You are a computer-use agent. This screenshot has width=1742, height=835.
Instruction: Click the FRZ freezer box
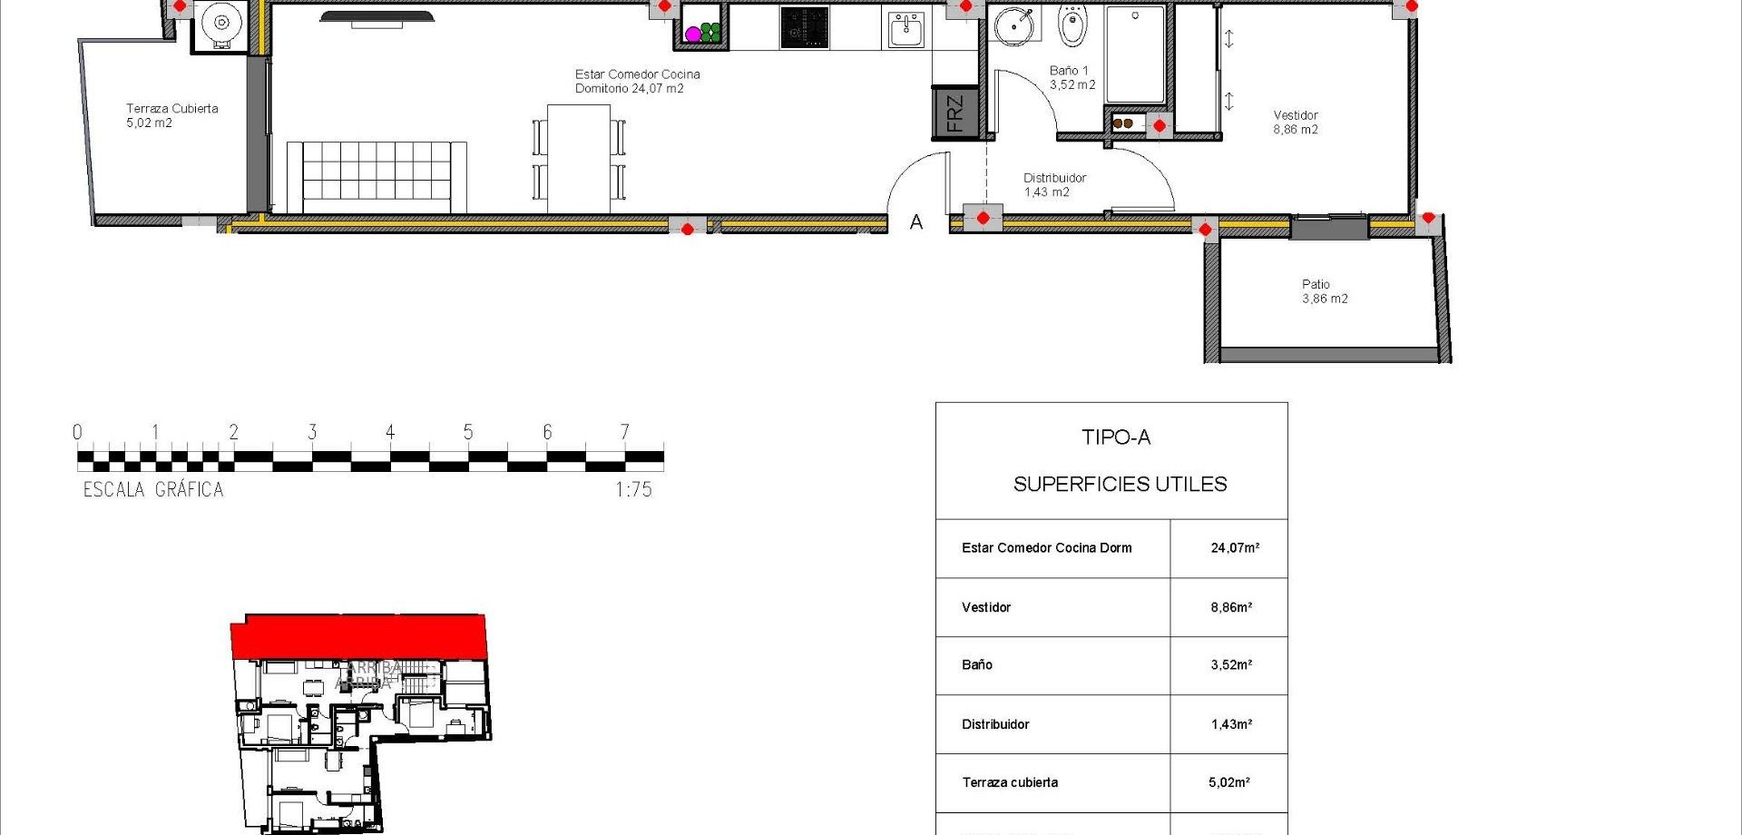(954, 113)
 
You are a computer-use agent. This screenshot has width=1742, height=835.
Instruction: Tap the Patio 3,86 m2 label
(1324, 291)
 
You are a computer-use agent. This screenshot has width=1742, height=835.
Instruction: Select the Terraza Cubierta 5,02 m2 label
(171, 115)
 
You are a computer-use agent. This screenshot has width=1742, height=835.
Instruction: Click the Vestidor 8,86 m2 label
(1295, 122)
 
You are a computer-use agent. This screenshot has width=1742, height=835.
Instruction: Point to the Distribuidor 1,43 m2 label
(1053, 185)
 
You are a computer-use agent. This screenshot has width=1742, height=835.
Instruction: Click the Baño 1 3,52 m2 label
(1072, 77)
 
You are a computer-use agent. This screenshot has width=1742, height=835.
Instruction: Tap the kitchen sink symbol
(905, 30)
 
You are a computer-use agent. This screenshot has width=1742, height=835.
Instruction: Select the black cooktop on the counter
(804, 28)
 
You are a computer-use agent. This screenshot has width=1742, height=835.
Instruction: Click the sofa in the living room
(377, 177)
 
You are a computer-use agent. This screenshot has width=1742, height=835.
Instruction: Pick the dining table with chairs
(579, 159)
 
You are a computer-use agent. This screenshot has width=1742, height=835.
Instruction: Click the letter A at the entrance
(916, 222)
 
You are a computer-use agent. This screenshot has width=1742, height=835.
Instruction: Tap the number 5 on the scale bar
(468, 432)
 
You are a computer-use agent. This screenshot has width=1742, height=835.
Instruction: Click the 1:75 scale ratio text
(633, 490)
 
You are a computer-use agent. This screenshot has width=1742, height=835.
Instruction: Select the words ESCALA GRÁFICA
(153, 490)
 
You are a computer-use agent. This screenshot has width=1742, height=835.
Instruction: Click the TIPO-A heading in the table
(1116, 437)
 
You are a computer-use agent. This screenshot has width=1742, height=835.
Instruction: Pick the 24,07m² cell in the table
(1234, 548)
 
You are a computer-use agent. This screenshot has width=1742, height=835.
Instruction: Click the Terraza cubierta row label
(1010, 782)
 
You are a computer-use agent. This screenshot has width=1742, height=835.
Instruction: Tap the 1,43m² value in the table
(1231, 724)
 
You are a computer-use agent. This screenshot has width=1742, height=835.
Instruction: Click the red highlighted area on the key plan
(358, 636)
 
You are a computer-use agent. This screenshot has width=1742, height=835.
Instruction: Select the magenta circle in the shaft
(693, 34)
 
